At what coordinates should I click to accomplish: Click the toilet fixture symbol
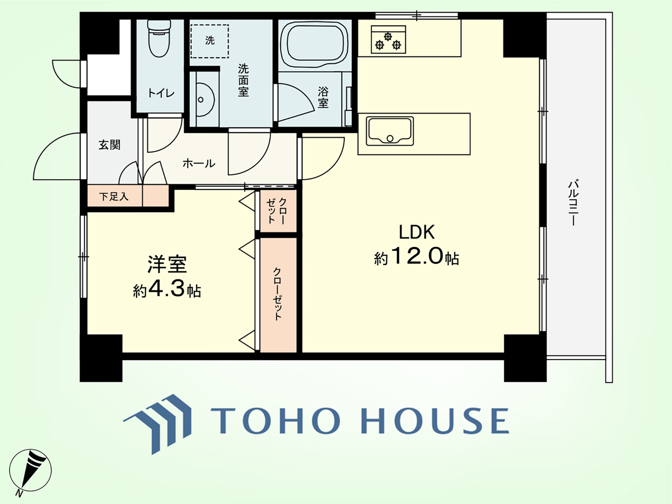(159, 39)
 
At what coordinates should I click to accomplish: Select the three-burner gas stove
(388, 39)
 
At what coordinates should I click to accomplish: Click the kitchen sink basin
(390, 131)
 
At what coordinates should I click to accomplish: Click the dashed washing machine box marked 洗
(209, 41)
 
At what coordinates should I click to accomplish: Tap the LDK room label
(417, 232)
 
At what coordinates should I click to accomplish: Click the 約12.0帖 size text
(417, 256)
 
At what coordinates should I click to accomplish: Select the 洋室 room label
(167, 264)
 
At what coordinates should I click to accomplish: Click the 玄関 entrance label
(109, 144)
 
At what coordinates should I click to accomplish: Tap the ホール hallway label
(199, 164)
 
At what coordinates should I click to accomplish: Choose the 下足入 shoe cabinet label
(114, 197)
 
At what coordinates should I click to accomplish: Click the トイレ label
(161, 93)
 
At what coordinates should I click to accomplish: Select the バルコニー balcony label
(572, 203)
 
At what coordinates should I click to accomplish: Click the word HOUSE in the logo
(435, 421)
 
